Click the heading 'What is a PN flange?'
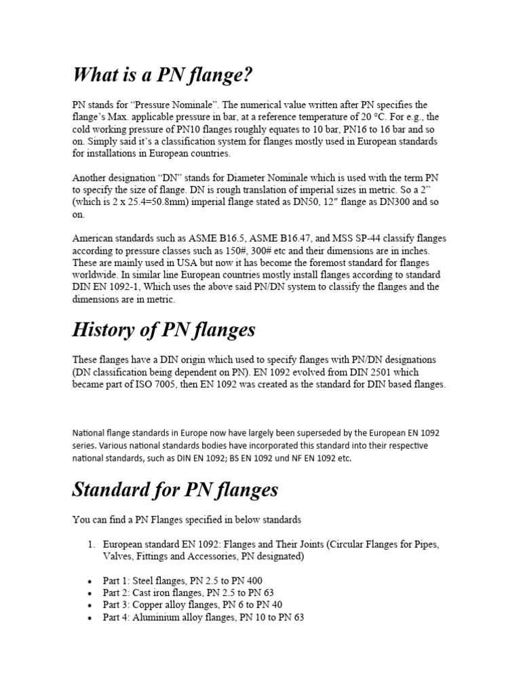point(163,75)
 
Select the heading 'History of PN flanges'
point(163,330)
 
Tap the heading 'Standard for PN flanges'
point(175,489)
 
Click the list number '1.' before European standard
point(92,545)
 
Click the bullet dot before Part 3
point(90,605)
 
